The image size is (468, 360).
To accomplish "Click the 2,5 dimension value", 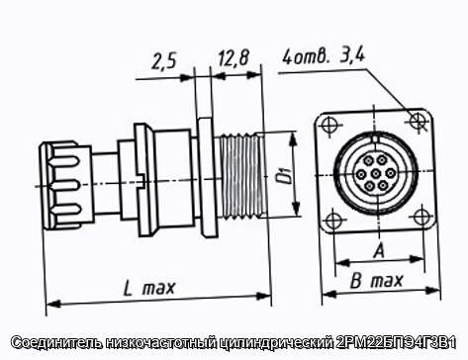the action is tap(164, 61).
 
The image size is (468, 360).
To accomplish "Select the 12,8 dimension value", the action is tap(234, 58).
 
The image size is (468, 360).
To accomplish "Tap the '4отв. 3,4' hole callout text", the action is tap(324, 57).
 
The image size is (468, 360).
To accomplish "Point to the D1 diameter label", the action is tap(284, 175).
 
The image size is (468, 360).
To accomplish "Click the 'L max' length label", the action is tap(148, 288).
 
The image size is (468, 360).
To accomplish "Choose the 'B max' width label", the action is tap(376, 281).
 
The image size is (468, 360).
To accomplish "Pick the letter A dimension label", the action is tap(379, 251).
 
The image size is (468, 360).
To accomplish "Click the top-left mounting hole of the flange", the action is tap(329, 125).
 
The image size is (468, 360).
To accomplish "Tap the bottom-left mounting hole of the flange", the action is tap(332, 222).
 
